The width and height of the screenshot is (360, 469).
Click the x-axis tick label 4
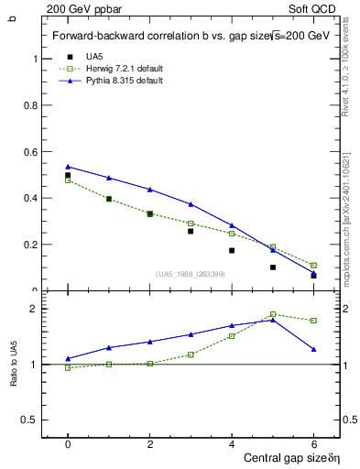[x=232, y=443]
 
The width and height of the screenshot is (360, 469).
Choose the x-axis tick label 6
[x=313, y=443]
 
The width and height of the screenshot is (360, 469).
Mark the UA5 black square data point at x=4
[x=232, y=250]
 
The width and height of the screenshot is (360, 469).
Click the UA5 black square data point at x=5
[x=273, y=267]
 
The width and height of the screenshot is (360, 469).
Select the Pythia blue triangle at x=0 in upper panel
[x=68, y=167]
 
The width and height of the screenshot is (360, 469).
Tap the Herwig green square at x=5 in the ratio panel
[x=273, y=314]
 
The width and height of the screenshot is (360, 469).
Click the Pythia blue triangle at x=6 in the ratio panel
[x=313, y=349]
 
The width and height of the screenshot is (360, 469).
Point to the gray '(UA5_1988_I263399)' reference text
[x=191, y=274]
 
